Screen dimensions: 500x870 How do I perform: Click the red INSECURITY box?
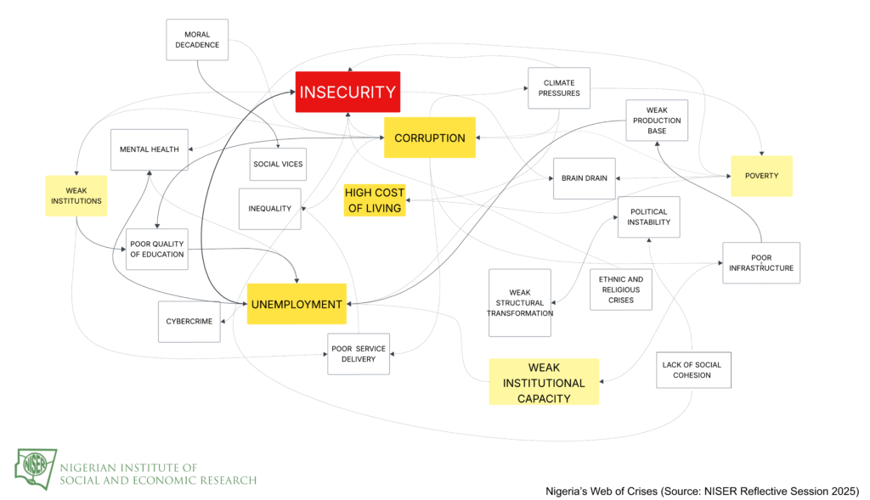pyautogui.click(x=347, y=92)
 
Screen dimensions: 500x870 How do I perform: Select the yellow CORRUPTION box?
pyautogui.click(x=429, y=138)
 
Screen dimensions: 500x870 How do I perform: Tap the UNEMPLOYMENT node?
pyautogui.click(x=297, y=304)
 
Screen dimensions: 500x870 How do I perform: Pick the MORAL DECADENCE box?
pyautogui.click(x=197, y=40)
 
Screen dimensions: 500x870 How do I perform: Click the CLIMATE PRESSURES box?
pyautogui.click(x=559, y=87)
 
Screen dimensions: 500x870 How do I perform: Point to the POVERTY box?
pyautogui.click(x=761, y=176)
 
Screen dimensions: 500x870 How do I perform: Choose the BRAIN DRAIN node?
pyautogui.click(x=584, y=178)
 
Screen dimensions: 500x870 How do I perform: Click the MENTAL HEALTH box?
pyautogui.click(x=149, y=149)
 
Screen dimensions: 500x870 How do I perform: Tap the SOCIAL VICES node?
pyautogui.click(x=278, y=163)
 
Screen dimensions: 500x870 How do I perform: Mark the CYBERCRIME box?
pyautogui.click(x=189, y=322)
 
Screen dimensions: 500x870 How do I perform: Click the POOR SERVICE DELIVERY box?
pyautogui.click(x=359, y=354)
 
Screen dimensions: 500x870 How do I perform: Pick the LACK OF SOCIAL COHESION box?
pyautogui.click(x=692, y=369)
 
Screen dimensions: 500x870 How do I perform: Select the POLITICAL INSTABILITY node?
pyautogui.click(x=648, y=216)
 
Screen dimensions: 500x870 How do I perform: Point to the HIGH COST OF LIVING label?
pyautogui.click(x=375, y=200)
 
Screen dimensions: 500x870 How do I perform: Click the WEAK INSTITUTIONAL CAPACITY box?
pyautogui.click(x=544, y=382)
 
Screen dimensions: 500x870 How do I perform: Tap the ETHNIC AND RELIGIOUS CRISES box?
pyautogui.click(x=620, y=289)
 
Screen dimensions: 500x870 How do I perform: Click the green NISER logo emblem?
pyautogui.click(x=36, y=466)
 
